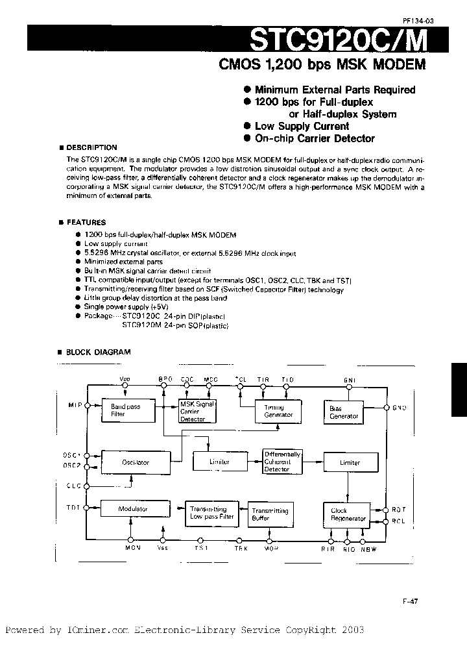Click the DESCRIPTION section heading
91,147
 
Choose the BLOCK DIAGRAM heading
97,352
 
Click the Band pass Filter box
125,410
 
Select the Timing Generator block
278,411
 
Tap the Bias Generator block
343,412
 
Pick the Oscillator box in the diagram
136,462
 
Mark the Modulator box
133,509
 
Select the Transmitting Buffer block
269,514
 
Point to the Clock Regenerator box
348,514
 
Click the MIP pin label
75,406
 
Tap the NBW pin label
368,549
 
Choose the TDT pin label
73,507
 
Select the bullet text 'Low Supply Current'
302,127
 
